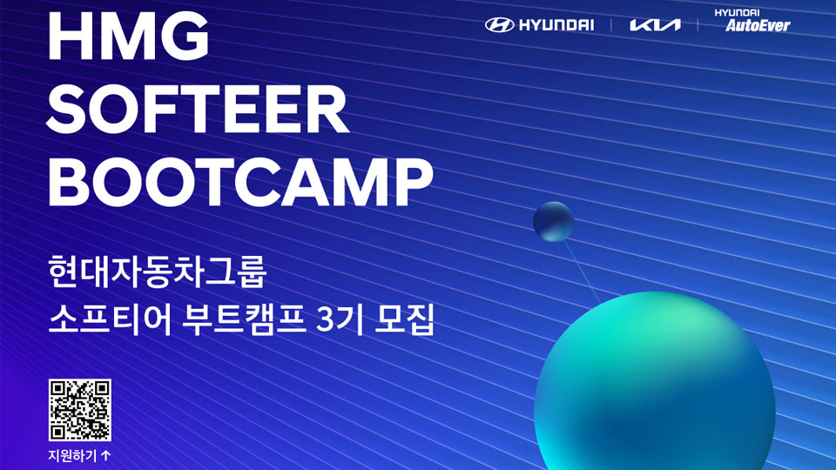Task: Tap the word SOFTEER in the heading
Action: pyautogui.click(x=198, y=110)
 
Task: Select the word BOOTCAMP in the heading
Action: pyautogui.click(x=240, y=183)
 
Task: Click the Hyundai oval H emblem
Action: pyautogui.click(x=499, y=25)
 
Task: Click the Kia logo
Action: pyautogui.click(x=655, y=25)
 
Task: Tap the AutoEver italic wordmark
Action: pyautogui.click(x=758, y=25)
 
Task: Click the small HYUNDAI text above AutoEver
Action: pyautogui.click(x=737, y=12)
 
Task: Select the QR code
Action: pyautogui.click(x=80, y=410)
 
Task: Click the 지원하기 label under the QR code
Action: pyautogui.click(x=72, y=455)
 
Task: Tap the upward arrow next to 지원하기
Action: pyautogui.click(x=105, y=455)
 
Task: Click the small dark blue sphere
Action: pyautogui.click(x=554, y=221)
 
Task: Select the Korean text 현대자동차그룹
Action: pyautogui.click(x=158, y=272)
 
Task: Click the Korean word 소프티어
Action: pyautogui.click(x=110, y=319)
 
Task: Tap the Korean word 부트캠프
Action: pyautogui.click(x=244, y=319)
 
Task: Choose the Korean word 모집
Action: pyautogui.click(x=405, y=319)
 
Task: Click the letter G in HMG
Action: pyautogui.click(x=185, y=35)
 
